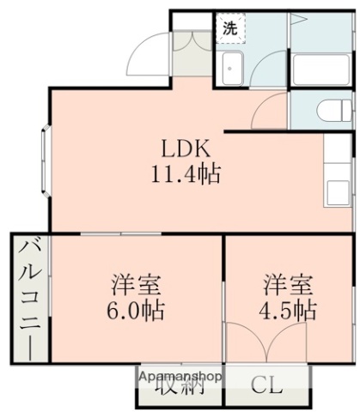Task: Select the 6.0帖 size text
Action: point(137,310)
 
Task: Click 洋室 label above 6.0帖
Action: point(137,284)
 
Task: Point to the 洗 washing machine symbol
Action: point(230,28)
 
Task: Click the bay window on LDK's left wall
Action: point(44,161)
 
